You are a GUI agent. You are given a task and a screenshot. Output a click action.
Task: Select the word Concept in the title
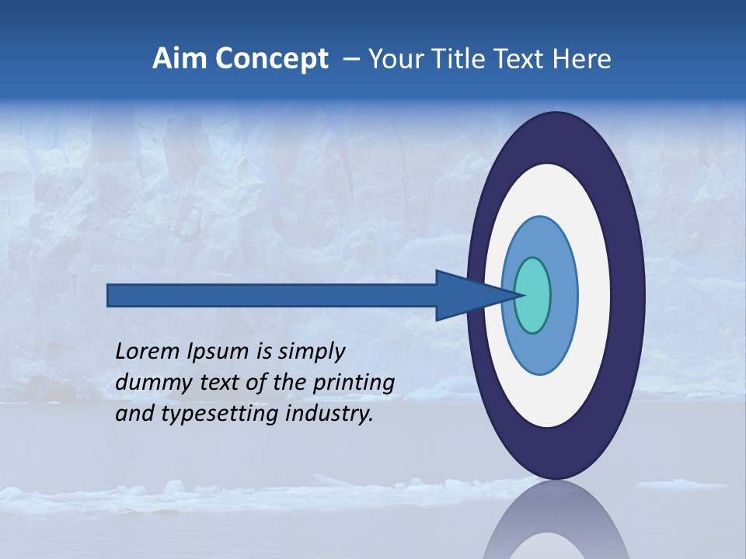coord(272,59)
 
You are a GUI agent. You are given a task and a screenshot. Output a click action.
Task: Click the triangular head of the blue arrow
coord(466,295)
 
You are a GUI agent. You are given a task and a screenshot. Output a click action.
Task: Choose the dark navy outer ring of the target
coord(628,295)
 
